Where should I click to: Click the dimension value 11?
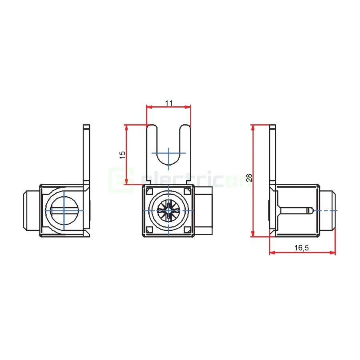[169, 103]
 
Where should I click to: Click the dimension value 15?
[123, 155]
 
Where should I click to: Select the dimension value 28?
[249, 178]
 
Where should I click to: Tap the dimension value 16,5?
[302, 248]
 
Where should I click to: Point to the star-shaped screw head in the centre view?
[169, 210]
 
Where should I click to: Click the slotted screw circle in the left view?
[64, 210]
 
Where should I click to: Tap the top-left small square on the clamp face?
[149, 192]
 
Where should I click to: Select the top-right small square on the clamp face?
[188, 192]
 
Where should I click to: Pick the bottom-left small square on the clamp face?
[149, 230]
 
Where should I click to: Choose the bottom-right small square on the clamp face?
[188, 230]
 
